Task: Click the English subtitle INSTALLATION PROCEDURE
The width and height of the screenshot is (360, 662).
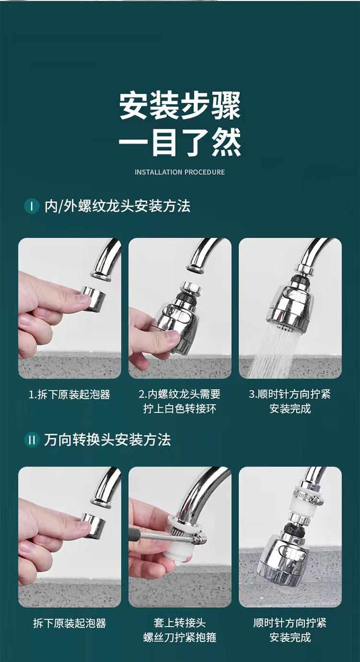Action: point(180,172)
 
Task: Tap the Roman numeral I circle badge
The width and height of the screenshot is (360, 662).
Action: point(32,206)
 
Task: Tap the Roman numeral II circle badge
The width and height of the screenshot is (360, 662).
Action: point(32,440)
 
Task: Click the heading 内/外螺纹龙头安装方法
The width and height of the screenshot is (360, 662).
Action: point(117,206)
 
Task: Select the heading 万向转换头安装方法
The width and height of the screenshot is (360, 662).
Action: point(108,440)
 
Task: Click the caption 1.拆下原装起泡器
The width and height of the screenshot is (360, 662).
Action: point(70,395)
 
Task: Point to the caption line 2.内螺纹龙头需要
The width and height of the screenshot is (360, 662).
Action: point(180,394)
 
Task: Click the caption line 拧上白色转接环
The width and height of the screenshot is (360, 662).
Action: point(180,409)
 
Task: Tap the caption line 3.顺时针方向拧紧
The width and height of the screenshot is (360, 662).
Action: point(290,394)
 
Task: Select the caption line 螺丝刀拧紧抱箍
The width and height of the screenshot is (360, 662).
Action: point(180,637)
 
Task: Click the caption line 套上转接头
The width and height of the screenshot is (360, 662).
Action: point(180,623)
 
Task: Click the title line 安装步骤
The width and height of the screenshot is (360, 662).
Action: point(180,106)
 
